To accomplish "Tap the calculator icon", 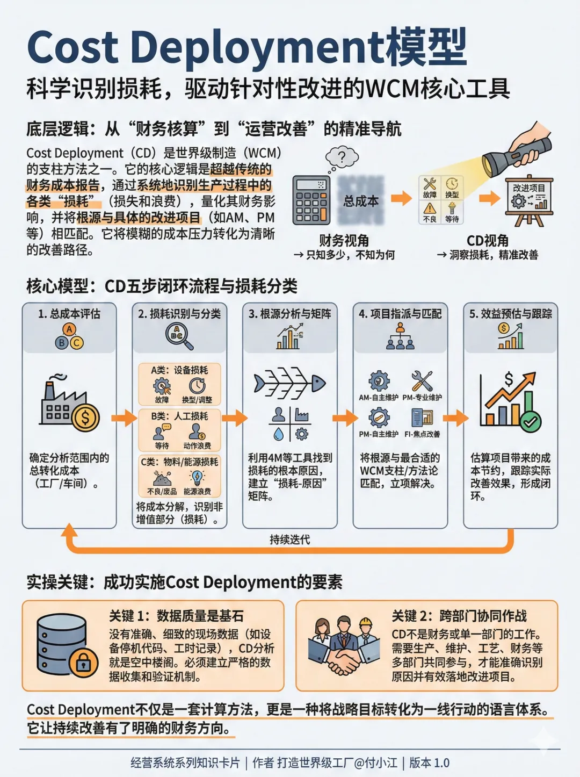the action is coord(311,200).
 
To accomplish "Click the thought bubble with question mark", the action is coord(342,157).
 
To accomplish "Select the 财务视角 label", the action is coord(344,240).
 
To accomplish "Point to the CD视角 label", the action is coord(487,240).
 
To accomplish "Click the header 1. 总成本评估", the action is coord(69,314).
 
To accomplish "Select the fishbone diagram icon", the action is coord(290,383).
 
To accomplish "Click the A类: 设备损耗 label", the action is coord(179,370).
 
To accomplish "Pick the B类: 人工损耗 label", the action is coord(179,416).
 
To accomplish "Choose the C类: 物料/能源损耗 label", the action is coord(179,462).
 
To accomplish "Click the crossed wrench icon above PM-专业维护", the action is coord(422,381).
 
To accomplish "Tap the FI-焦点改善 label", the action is coord(422,434).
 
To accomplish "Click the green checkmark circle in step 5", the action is coord(531,421).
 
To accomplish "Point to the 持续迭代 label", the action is coord(290,539).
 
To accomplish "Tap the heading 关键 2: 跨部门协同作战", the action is coord(459,616).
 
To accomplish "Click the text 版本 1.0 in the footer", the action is coord(429,762).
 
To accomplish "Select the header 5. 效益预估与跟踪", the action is coord(511,314).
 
